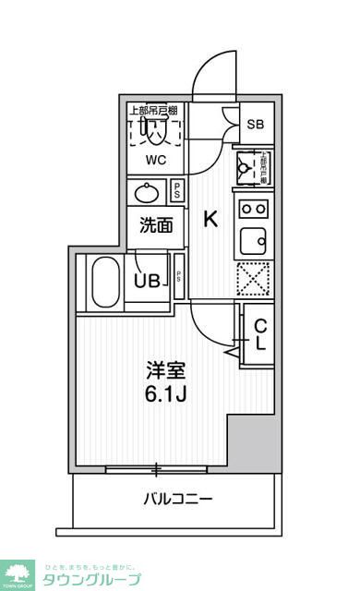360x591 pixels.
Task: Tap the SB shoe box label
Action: (x=257, y=124)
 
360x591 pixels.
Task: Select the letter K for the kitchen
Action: (x=210, y=219)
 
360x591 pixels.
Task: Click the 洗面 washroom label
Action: (x=156, y=224)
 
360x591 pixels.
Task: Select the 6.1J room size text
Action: (x=167, y=394)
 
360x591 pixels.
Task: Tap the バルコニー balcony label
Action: (x=178, y=500)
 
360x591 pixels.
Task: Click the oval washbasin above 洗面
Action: (x=148, y=193)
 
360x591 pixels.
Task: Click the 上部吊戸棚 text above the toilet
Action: (x=154, y=110)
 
